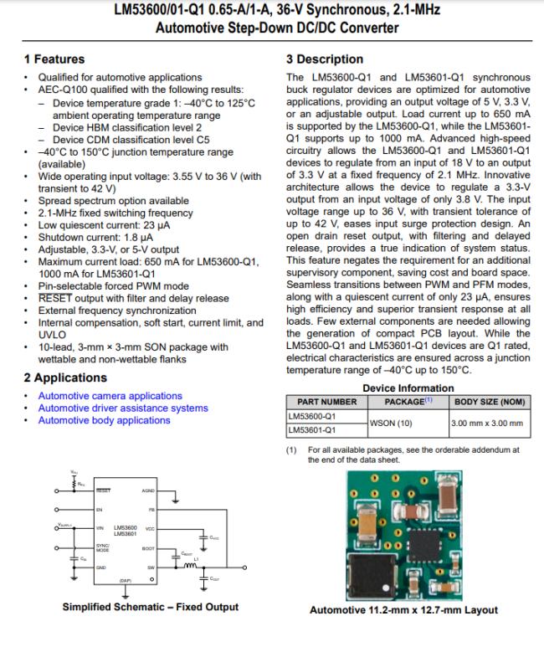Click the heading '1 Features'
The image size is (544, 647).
[x=54, y=59]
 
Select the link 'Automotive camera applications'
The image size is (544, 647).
[x=110, y=396]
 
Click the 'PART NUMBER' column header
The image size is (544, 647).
[x=321, y=402]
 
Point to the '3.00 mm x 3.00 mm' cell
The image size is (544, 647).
[x=486, y=423]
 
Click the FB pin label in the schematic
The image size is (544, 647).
[x=151, y=508]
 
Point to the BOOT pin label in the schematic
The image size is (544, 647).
[x=148, y=548]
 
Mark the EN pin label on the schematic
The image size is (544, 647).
[x=99, y=508]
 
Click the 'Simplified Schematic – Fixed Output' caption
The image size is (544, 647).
[x=150, y=607]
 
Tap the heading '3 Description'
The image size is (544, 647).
[x=325, y=59]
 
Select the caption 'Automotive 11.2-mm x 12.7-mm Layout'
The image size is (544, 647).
[x=403, y=610]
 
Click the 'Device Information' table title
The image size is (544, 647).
[x=408, y=388]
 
